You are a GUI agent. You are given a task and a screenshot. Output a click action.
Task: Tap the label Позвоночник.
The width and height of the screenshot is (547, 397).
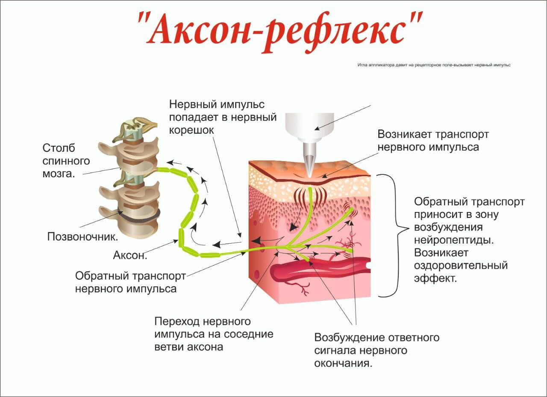point(83,236)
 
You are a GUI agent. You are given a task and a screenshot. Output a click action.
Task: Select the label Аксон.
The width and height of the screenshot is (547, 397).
point(130,256)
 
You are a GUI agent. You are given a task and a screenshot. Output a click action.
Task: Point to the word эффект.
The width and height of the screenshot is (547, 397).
point(435,278)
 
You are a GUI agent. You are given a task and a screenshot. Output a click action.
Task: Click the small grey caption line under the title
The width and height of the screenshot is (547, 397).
point(434,65)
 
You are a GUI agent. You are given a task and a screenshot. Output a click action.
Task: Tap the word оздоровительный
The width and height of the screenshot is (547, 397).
point(461,265)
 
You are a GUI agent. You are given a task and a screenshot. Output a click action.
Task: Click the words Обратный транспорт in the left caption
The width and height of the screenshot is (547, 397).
point(130,276)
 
